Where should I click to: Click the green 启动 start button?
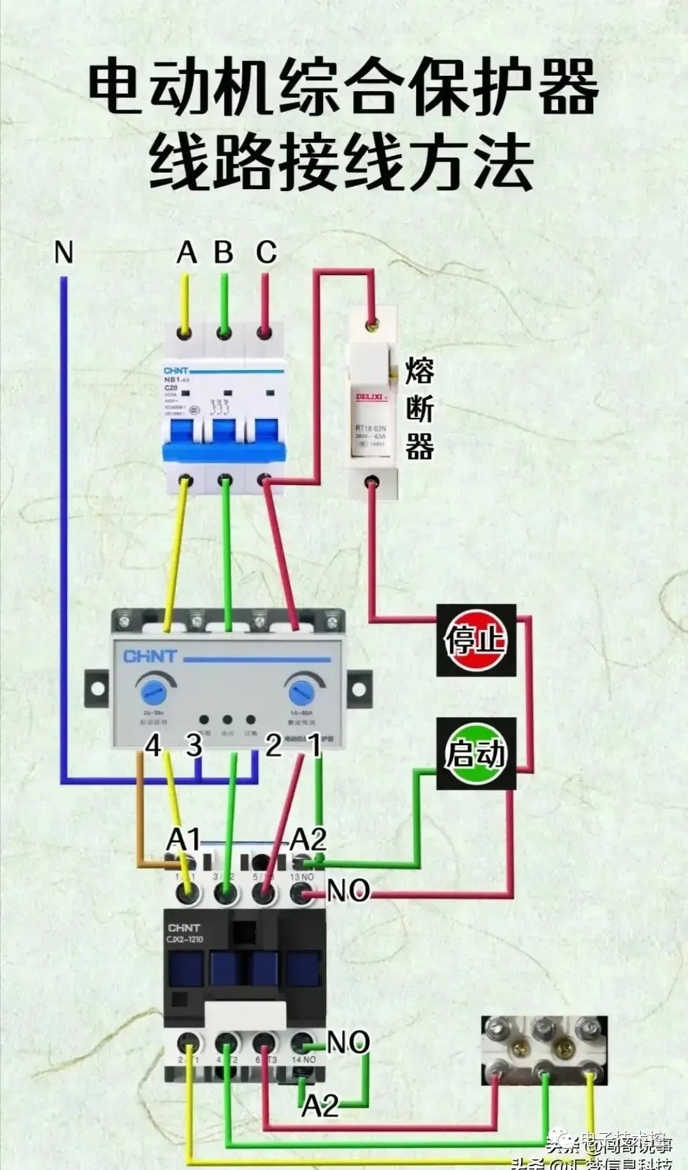[x=476, y=754]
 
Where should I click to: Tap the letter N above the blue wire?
[x=64, y=252]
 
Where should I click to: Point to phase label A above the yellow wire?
[x=186, y=252]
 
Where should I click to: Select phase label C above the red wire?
[x=266, y=252]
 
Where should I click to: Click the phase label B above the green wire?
[x=224, y=252]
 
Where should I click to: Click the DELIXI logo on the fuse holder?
[x=369, y=397]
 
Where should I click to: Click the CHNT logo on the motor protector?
[x=150, y=657]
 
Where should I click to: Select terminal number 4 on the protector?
[x=153, y=745]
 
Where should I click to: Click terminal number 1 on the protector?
[x=314, y=745]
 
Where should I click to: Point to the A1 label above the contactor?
[x=183, y=839]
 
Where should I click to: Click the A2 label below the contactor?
[x=320, y=1106]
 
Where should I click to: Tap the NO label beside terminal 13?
[x=348, y=890]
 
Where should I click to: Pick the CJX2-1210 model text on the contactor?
[x=185, y=939]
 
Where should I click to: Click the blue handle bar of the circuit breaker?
[x=224, y=452]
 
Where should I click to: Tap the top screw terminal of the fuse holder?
[x=371, y=326]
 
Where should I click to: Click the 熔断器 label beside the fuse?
[x=420, y=408]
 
